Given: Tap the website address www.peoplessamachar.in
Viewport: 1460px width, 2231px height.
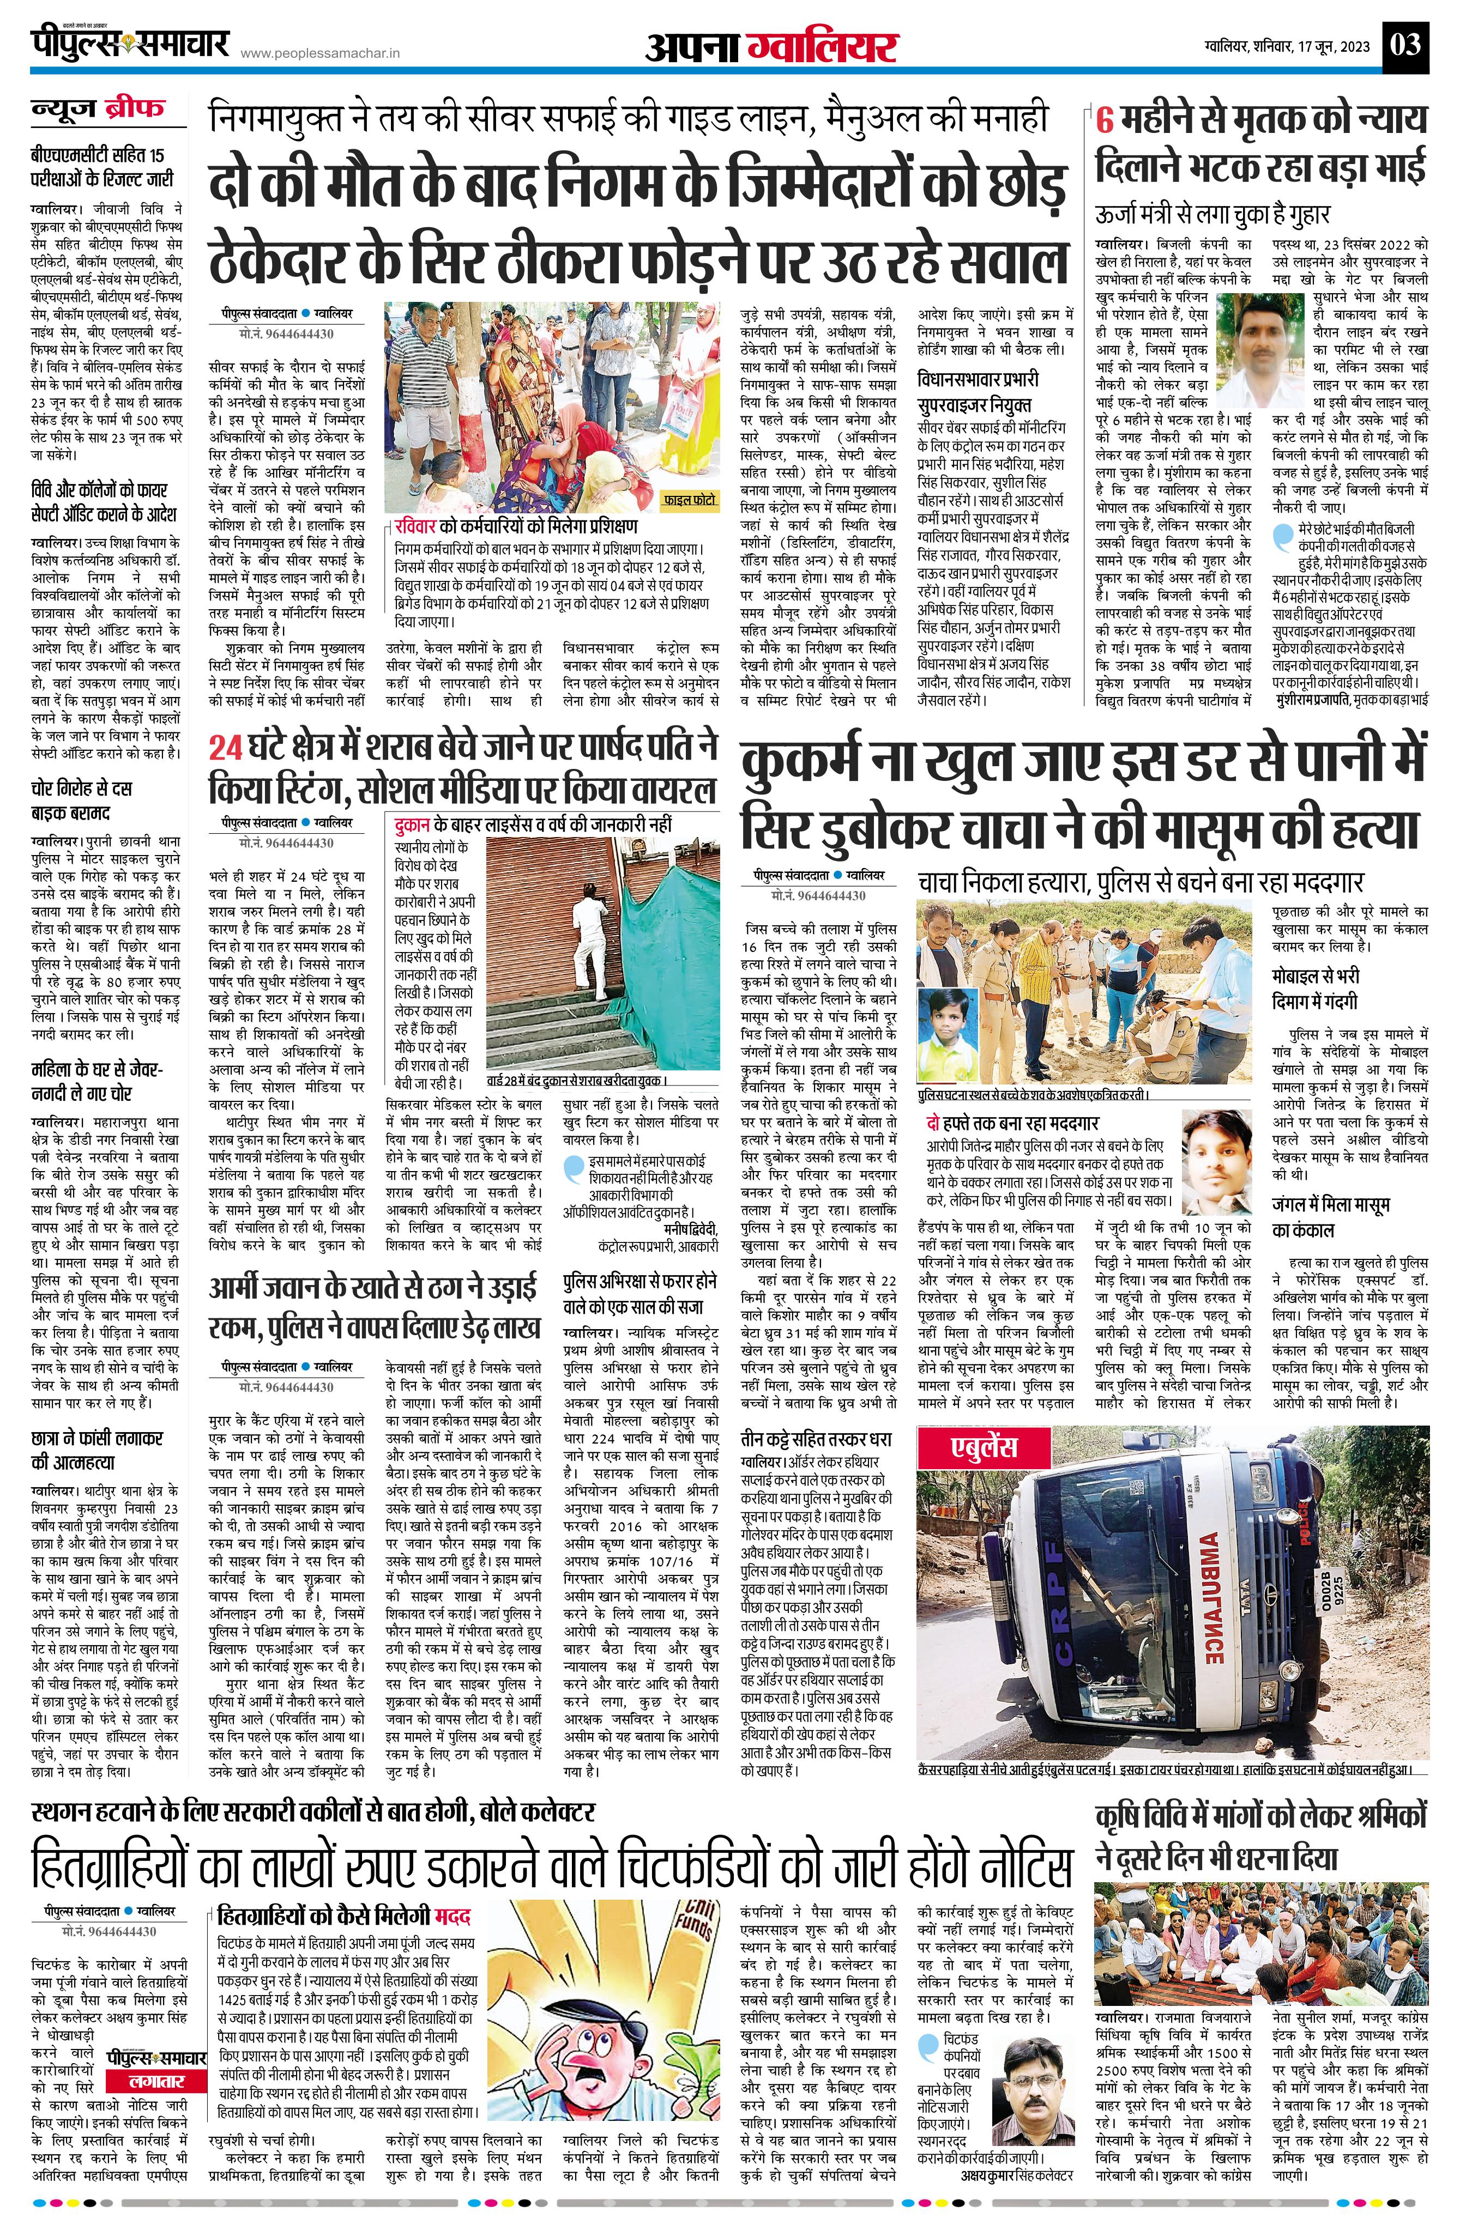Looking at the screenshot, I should point(320,55).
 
